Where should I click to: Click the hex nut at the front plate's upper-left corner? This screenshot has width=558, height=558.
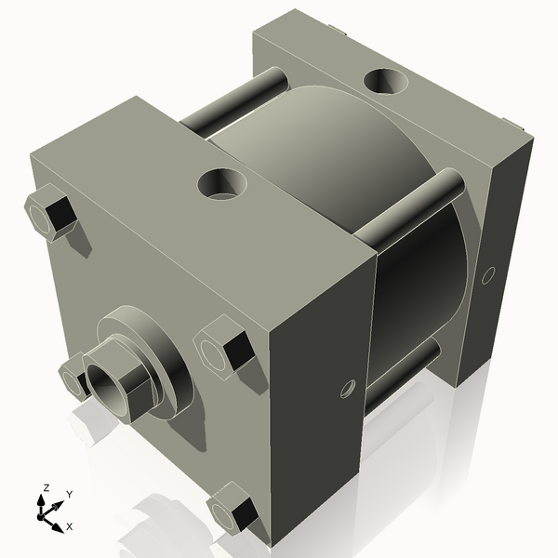[48, 215]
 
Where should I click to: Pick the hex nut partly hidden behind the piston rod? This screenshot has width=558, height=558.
[73, 379]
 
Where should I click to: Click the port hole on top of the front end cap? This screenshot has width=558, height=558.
[224, 183]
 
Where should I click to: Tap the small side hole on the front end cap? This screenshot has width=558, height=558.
[349, 386]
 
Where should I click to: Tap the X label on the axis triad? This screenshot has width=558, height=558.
[70, 526]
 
